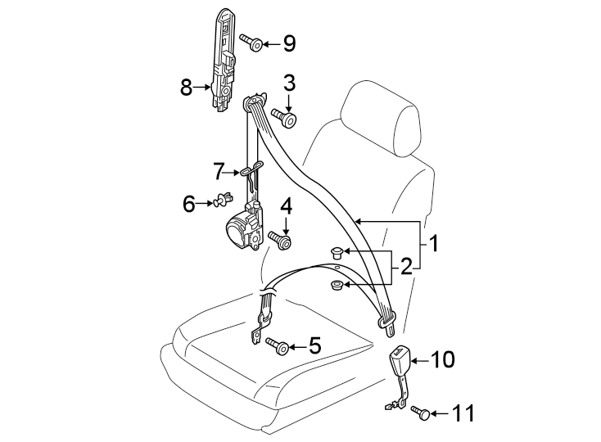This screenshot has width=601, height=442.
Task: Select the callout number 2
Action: tap(404, 267)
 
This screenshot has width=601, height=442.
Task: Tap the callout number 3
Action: tap(289, 83)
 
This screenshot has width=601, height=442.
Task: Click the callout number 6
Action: tap(189, 203)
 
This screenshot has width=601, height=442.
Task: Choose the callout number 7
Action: tap(218, 172)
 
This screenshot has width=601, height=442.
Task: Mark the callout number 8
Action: tap(186, 87)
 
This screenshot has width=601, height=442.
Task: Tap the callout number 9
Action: tap(288, 43)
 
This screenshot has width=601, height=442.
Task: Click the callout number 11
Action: tap(463, 413)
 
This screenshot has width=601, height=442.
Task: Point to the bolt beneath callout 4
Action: tap(280, 240)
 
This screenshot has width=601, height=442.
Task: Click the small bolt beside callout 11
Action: tap(421, 413)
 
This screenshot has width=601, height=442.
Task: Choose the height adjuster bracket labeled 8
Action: tap(223, 61)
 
